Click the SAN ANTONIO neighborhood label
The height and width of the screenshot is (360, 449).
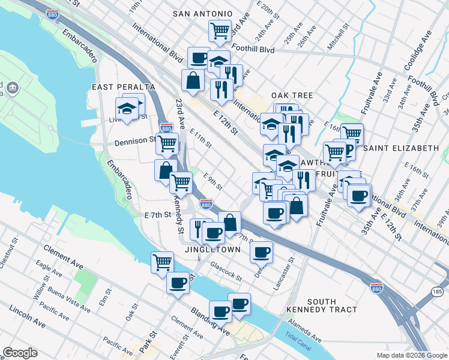coord(202,13)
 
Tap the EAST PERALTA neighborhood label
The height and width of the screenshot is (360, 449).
coord(123,87)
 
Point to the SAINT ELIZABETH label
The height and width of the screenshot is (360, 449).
coord(401,148)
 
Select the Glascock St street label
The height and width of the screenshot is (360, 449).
coord(226,271)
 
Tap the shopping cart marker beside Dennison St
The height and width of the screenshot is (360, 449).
coord(167,143)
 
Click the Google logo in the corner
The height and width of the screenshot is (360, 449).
coord(20,353)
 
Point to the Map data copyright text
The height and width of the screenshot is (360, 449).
coord(411,355)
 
